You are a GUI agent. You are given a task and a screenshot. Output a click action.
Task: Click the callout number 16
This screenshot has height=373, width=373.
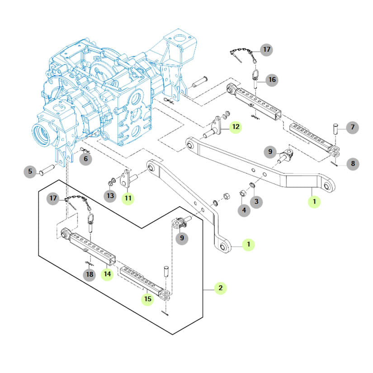click(271, 80)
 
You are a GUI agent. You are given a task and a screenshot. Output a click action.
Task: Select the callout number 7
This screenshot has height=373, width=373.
click(352, 127)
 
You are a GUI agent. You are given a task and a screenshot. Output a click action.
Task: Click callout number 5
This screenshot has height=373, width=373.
click(30, 171)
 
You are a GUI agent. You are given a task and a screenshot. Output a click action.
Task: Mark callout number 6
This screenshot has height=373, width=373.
click(86, 159)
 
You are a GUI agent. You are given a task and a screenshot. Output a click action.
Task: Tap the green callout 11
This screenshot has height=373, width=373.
click(128, 198)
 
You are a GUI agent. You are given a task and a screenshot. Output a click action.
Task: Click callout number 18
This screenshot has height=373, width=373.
click(89, 274)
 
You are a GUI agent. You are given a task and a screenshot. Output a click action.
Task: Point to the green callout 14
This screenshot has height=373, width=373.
click(107, 274)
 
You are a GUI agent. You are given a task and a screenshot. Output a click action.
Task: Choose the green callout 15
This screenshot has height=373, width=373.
click(147, 298)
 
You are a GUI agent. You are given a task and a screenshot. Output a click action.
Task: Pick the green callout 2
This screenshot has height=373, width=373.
click(220, 288)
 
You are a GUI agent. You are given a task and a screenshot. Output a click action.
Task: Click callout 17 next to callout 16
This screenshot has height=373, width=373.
click(266, 49)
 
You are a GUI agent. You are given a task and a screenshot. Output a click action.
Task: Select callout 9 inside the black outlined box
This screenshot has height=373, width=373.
click(182, 237)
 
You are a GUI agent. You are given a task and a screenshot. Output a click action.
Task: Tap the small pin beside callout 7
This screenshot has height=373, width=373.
click(336, 128)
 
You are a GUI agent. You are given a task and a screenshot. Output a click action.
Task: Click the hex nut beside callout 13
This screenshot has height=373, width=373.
click(110, 183)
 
